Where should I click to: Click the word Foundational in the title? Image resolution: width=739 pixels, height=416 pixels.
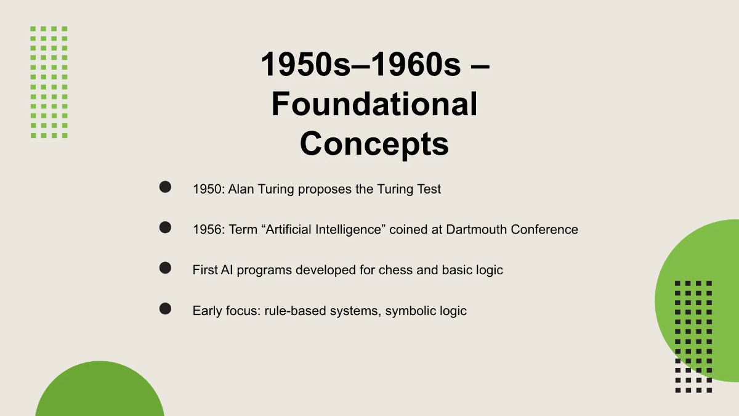pos(374,104)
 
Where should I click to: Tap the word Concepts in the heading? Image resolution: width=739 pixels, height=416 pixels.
pos(374,144)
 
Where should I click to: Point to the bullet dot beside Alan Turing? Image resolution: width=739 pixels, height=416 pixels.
pos(165,187)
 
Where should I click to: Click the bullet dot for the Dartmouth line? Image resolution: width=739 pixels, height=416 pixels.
pos(165,227)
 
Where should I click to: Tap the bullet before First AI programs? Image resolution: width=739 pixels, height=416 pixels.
pos(165,267)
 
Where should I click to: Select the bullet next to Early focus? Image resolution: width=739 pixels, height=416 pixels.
pos(165,308)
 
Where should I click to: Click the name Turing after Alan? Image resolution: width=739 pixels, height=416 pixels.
pos(275,189)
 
